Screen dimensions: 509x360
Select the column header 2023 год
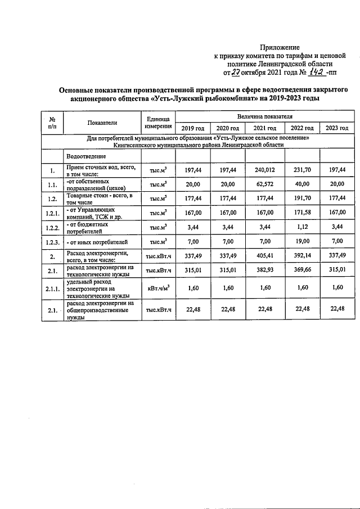click(336, 129)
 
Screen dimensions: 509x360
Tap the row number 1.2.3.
click(52, 242)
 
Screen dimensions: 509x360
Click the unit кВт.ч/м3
click(157, 288)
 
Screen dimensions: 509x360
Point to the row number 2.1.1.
click(52, 288)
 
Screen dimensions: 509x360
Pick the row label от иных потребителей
click(93, 242)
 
